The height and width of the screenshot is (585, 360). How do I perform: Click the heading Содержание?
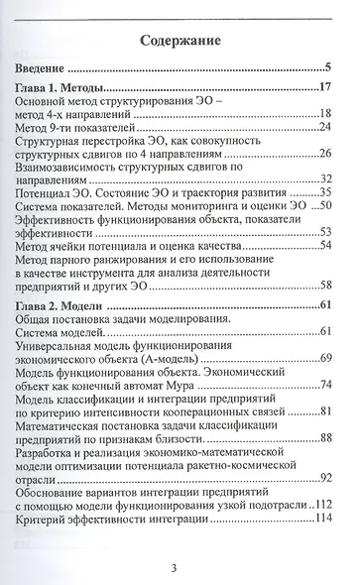pos(180,41)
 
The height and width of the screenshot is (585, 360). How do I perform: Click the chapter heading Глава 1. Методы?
pos(71,89)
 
